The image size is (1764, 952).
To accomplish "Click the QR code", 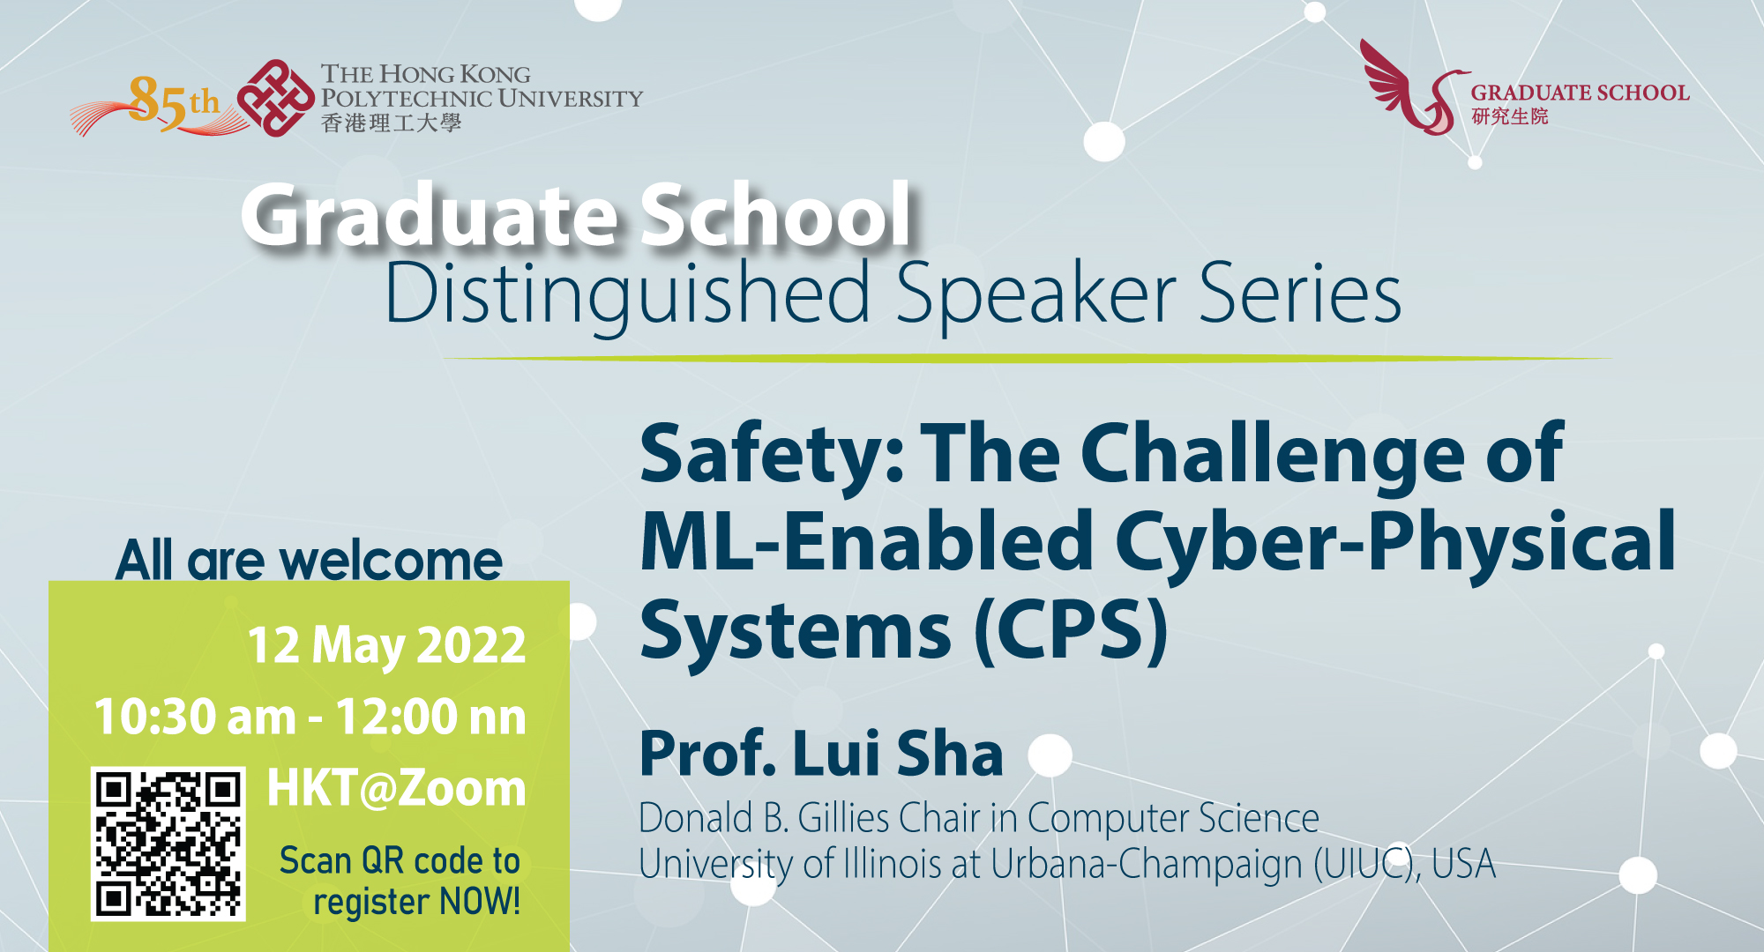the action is click(168, 844).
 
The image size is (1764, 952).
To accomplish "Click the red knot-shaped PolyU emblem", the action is click(276, 98).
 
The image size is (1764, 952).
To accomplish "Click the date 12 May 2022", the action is click(386, 645).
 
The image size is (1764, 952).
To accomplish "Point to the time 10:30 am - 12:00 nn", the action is click(310, 716).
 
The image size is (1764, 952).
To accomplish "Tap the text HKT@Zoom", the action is click(396, 787).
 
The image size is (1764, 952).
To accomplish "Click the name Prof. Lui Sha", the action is click(821, 754).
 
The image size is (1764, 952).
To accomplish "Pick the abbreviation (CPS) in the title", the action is click(1071, 631).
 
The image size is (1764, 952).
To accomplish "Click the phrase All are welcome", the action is click(309, 560).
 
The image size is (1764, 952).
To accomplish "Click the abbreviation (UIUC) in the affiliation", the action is click(1366, 864).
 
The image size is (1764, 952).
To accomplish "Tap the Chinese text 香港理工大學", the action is click(391, 123).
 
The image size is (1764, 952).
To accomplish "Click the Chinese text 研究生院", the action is click(1509, 116).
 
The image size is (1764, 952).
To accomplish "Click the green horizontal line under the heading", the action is click(1028, 359).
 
